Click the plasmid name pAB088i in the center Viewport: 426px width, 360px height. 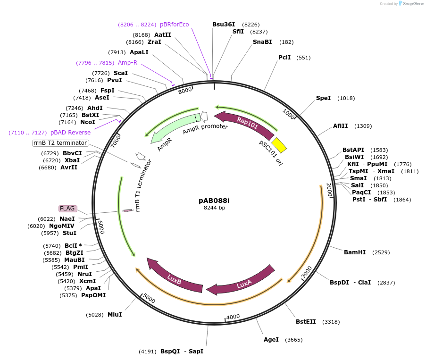click(x=214, y=200)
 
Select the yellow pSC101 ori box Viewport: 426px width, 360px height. click(x=279, y=145)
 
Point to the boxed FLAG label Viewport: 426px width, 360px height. click(x=67, y=209)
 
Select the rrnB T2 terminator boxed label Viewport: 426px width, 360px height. click(x=60, y=143)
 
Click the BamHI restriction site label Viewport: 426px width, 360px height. click(x=355, y=252)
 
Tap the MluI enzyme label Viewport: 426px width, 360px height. click(x=115, y=314)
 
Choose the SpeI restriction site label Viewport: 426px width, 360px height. click(x=323, y=98)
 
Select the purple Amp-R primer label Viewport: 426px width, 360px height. click(x=127, y=63)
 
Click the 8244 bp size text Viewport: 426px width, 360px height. click(x=214, y=208)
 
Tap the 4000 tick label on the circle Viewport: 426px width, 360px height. click(x=233, y=317)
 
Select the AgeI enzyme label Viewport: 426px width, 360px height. click(x=271, y=340)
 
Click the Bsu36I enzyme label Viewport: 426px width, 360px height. click(x=224, y=25)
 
